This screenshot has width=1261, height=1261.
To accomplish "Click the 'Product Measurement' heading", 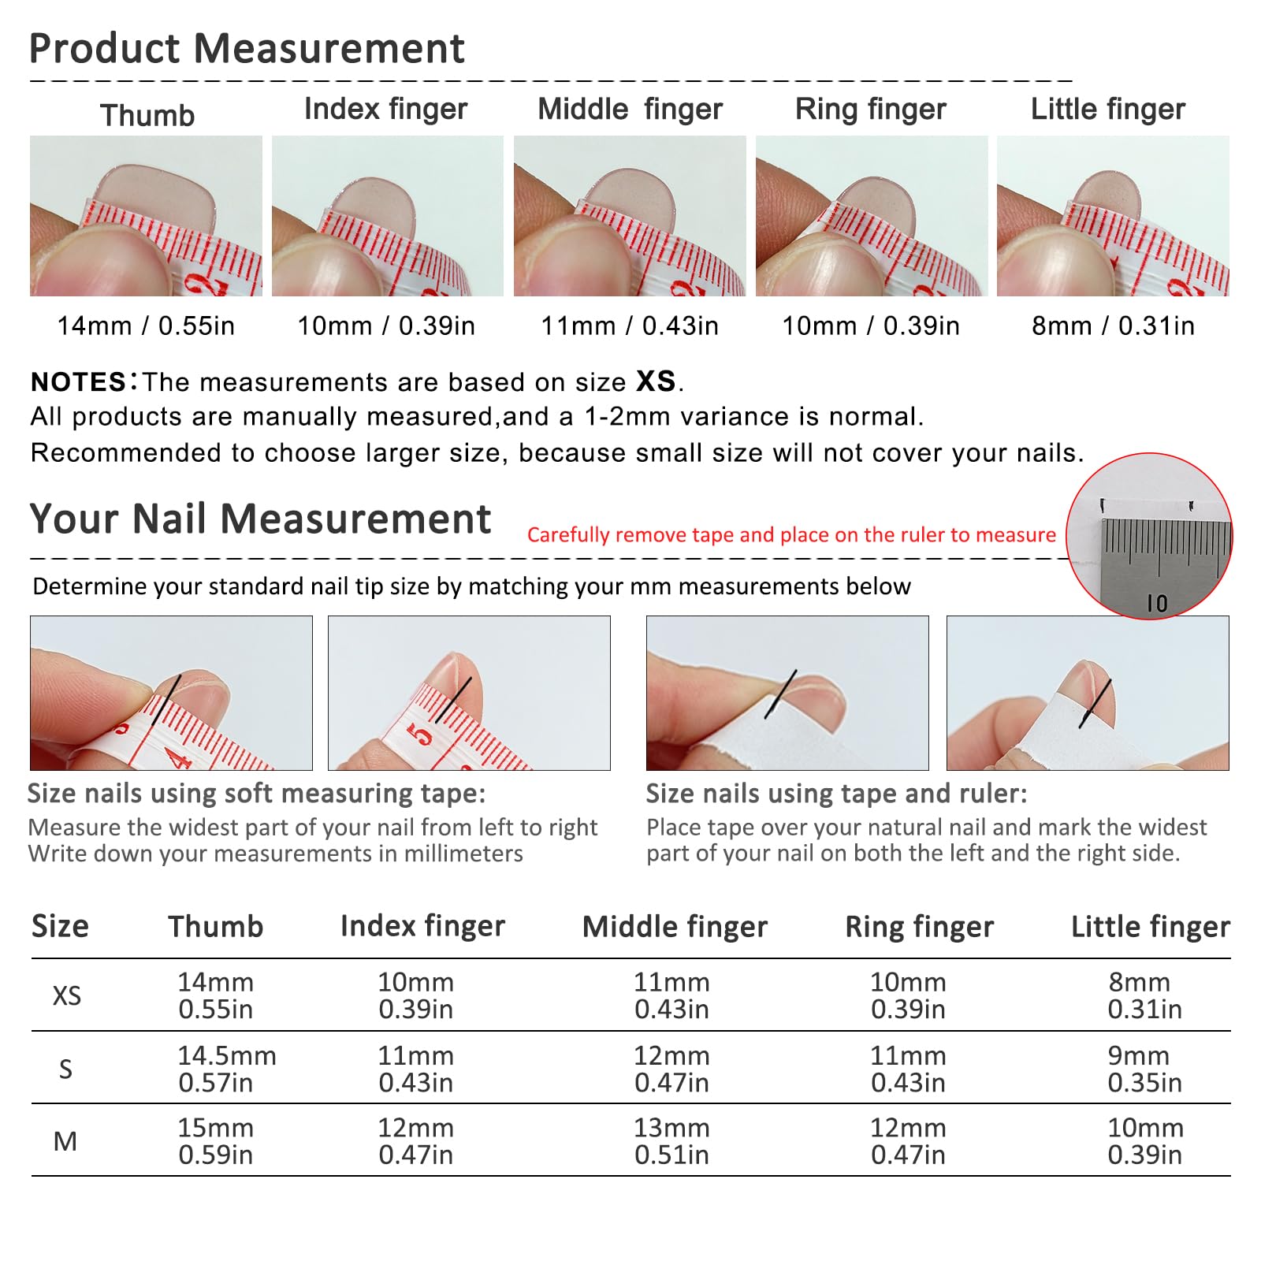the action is coord(247,48).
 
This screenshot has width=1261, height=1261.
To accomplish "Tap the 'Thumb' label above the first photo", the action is coord(147,115).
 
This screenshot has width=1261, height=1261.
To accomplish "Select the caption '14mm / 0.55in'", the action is coord(146,325).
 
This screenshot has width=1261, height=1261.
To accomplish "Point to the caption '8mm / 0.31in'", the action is coord(1113,325).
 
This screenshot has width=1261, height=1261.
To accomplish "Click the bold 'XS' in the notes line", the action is coord(656,381).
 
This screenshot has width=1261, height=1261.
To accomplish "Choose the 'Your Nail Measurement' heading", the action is coord(260,519).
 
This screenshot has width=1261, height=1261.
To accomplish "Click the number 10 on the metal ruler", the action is coord(1157,604).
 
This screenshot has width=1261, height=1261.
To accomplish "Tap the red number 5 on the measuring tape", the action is coord(421,735).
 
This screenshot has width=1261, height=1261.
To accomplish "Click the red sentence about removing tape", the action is coord(791,535).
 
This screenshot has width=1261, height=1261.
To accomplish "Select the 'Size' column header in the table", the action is coord(60,926).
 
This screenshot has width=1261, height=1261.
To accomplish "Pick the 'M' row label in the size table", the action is coord(65,1141).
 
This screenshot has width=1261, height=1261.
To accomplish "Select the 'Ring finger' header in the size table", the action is coord(919,927).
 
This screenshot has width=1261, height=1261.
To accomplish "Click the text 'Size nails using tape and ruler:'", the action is coord(837,794).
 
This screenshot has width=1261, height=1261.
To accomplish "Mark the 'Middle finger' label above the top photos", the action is coord(630,110).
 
